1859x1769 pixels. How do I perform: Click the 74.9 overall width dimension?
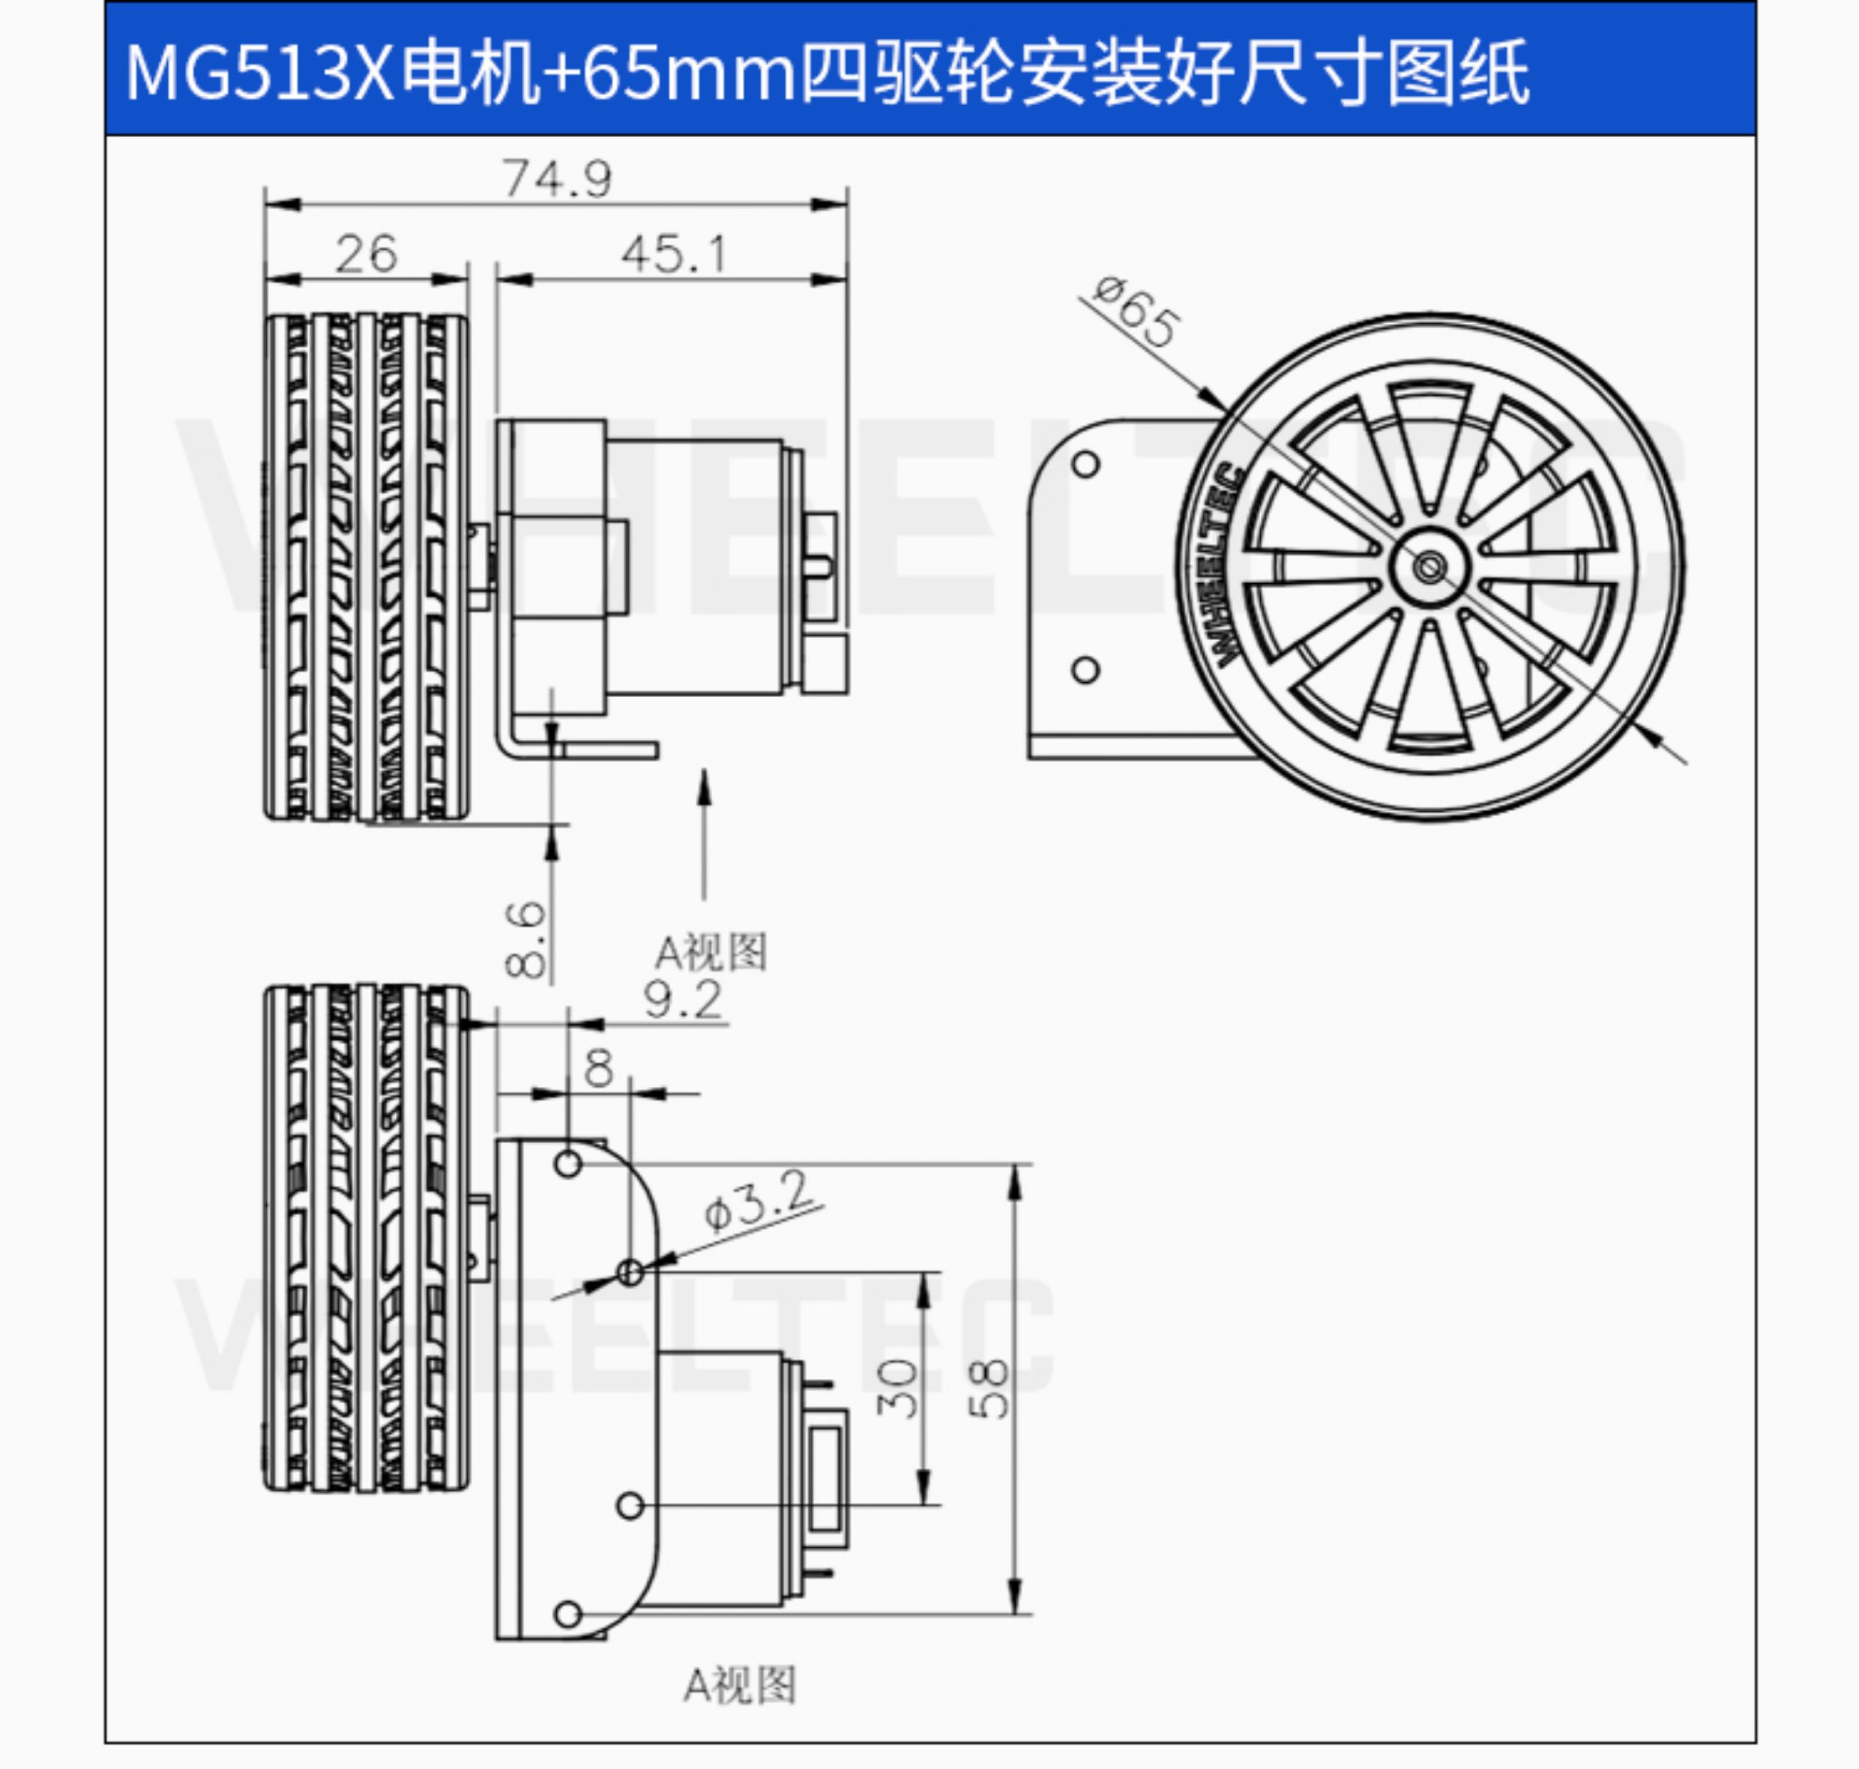pyautogui.click(x=556, y=178)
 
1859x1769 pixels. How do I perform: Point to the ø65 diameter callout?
pyautogui.click(x=1135, y=312)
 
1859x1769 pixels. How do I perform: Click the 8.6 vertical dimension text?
pyautogui.click(x=525, y=938)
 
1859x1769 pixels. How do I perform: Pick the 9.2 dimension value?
pyautogui.click(x=683, y=999)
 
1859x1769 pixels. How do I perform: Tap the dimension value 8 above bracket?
pyautogui.click(x=599, y=1068)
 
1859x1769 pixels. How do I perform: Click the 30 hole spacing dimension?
pyautogui.click(x=897, y=1388)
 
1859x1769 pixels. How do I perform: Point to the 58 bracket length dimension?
pyautogui.click(x=989, y=1388)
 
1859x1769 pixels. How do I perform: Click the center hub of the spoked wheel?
pyautogui.click(x=1429, y=567)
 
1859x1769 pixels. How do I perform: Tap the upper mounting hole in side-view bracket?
pyautogui.click(x=1085, y=464)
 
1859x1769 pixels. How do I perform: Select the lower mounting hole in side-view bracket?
pyautogui.click(x=1085, y=669)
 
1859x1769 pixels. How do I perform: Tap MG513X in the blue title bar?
pyautogui.click(x=259, y=73)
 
